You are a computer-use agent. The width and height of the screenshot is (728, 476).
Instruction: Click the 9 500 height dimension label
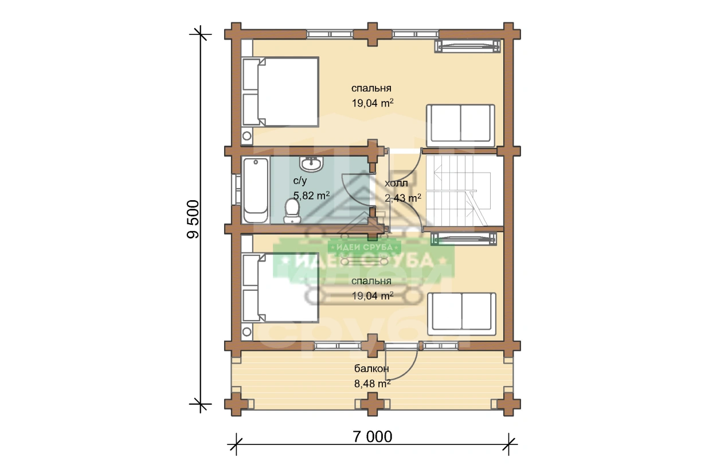[193, 219]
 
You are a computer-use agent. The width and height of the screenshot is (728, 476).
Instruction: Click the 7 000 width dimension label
[373, 436]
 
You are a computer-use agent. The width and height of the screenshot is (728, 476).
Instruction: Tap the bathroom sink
[311, 164]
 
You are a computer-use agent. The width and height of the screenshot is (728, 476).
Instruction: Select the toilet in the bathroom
[292, 211]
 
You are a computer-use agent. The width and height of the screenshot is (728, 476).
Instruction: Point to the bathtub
[256, 190]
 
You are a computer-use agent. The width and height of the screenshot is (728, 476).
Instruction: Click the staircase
[464, 190]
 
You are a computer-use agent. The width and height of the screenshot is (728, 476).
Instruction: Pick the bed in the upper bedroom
[280, 92]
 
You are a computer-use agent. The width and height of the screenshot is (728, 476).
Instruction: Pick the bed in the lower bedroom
[280, 288]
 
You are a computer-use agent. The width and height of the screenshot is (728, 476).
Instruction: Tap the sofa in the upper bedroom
[460, 126]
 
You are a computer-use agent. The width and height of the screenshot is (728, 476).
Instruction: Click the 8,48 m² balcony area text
[373, 384]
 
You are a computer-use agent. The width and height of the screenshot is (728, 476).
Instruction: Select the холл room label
[396, 184]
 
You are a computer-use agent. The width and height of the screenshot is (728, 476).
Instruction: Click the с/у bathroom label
[300, 181]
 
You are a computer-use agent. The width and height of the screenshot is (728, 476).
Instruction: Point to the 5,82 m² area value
[311, 196]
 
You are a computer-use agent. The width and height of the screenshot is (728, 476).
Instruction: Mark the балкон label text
[371, 369]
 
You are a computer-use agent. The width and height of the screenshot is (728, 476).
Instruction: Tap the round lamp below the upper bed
[246, 135]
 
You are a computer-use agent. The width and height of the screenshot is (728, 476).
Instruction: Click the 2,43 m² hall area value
[403, 198]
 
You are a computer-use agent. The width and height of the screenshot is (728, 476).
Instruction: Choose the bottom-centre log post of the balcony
[373, 404]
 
